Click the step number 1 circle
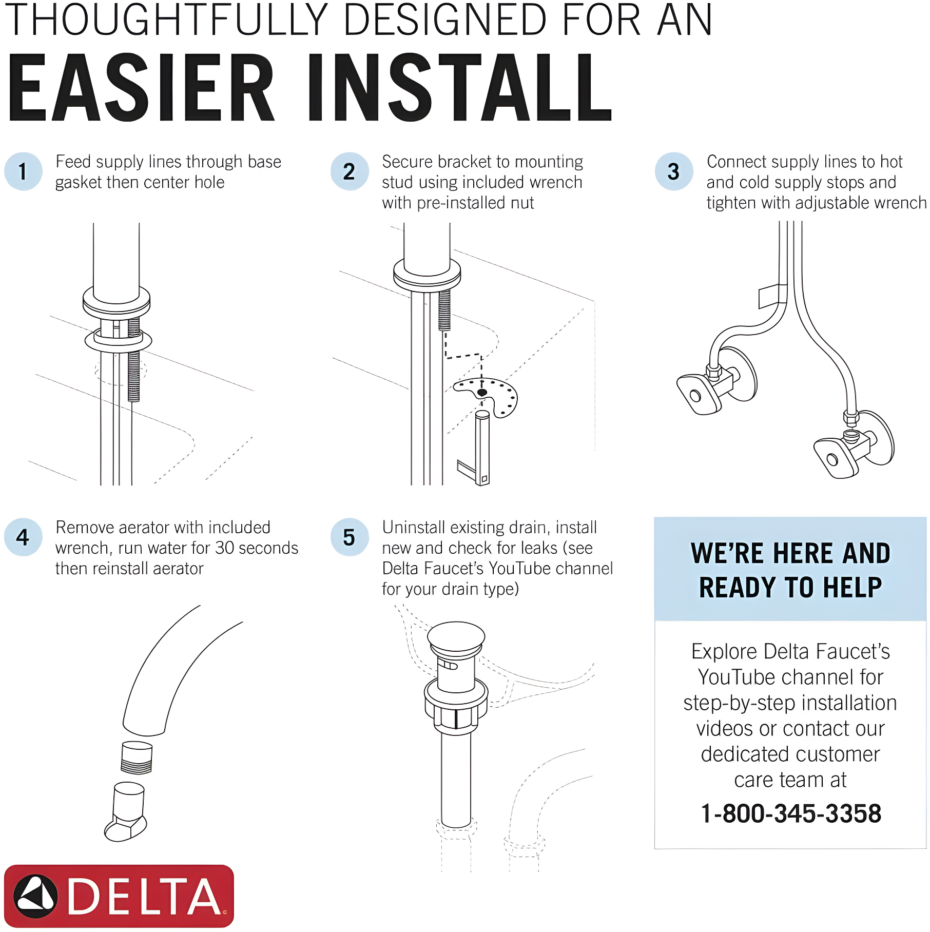23,171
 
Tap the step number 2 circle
350,171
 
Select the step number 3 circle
674,171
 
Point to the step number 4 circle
23,537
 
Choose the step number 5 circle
350,537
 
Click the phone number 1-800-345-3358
791,813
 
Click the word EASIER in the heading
141,88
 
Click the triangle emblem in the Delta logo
35,897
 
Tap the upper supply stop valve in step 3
716,382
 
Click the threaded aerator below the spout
137,758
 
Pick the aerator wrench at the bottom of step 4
126,811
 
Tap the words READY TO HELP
790,588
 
